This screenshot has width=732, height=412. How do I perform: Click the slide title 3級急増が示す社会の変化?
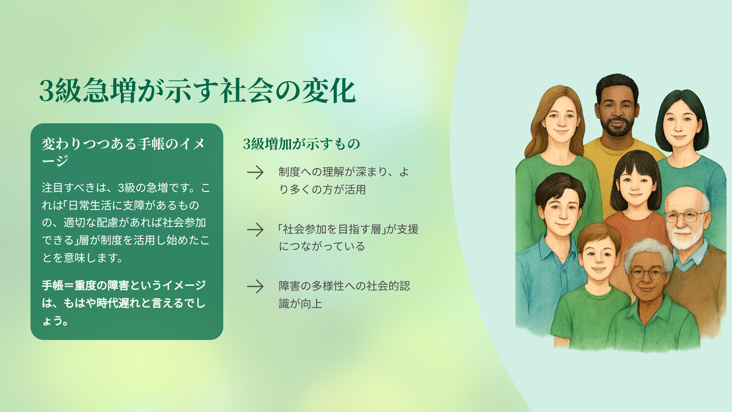click(197, 91)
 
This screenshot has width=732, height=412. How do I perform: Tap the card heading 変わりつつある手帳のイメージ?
click(123, 152)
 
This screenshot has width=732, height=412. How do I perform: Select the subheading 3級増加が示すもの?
click(301, 144)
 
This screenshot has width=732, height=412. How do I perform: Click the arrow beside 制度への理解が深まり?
click(255, 172)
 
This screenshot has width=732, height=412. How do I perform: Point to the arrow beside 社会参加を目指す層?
click(255, 229)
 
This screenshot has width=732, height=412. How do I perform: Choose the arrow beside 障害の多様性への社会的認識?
click(255, 286)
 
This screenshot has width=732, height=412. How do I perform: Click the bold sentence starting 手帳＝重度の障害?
click(124, 303)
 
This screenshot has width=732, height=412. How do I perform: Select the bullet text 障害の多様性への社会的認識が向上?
click(345, 295)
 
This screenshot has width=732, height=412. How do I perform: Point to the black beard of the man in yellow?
click(616, 126)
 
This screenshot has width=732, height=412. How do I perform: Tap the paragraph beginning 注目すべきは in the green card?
click(126, 223)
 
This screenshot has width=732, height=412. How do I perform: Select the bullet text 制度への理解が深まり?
click(344, 181)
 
